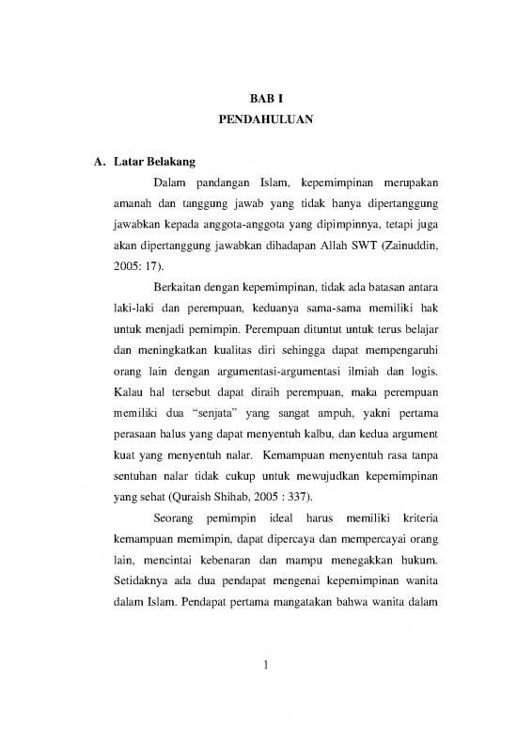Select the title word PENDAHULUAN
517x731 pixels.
click(x=258, y=120)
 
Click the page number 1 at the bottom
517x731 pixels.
click(x=266, y=667)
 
